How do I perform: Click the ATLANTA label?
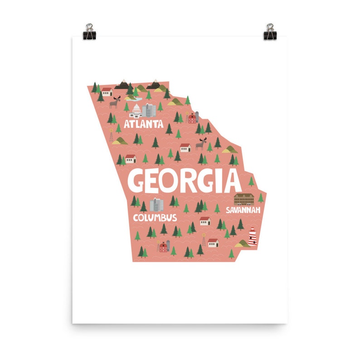(x=143, y=123)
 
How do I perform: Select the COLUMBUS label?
(x=155, y=218)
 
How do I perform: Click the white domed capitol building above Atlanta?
(x=136, y=110)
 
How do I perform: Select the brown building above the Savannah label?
(x=243, y=199)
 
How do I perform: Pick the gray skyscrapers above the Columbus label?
(x=156, y=205)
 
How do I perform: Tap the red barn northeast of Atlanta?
(x=193, y=117)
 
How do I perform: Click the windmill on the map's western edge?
(x=111, y=134)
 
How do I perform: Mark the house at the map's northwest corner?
(x=107, y=91)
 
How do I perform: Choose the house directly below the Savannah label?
(x=205, y=221)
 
